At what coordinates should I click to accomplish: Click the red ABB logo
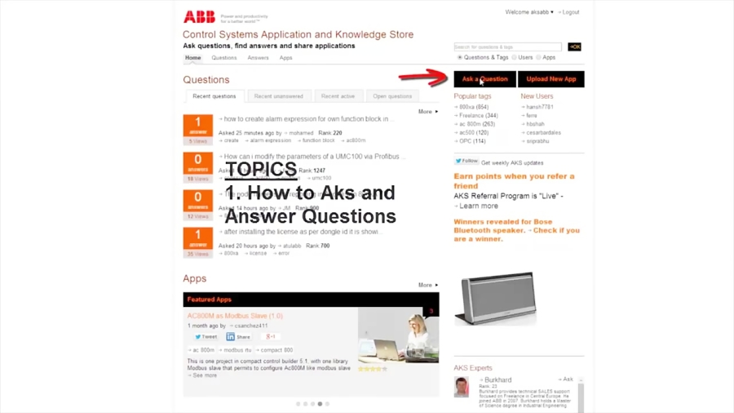(x=199, y=17)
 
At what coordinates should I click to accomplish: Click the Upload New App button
(x=551, y=79)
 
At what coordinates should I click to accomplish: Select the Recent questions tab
(x=214, y=96)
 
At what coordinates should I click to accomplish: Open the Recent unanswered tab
(x=277, y=96)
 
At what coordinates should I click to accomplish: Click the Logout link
(x=571, y=12)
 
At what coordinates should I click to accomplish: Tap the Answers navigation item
(x=258, y=58)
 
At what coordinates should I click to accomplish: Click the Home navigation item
(x=192, y=58)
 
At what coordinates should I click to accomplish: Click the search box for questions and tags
(x=508, y=47)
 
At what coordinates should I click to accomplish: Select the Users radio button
(x=515, y=58)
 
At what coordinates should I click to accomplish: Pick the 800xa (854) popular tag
(x=473, y=107)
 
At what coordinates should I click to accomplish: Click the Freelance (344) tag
(x=478, y=116)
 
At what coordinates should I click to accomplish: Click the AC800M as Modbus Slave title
(x=235, y=316)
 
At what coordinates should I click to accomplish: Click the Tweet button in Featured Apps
(x=206, y=336)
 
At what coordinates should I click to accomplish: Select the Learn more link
(x=479, y=206)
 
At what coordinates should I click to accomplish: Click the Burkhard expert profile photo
(x=462, y=386)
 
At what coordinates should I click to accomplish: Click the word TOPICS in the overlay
(x=261, y=170)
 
